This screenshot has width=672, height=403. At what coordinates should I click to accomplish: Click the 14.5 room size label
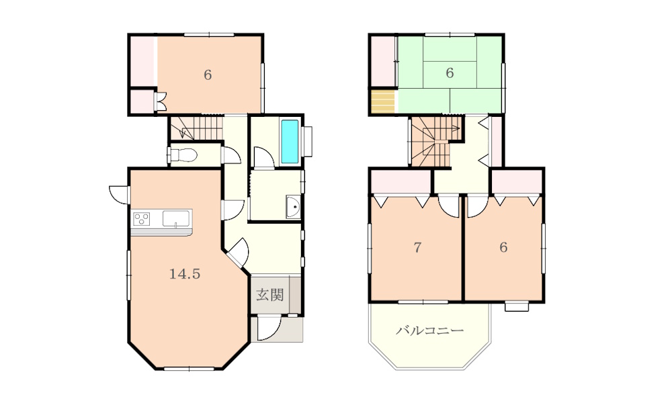(185, 274)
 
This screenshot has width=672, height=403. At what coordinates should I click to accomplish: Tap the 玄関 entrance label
(270, 295)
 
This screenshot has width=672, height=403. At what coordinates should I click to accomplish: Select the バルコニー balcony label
(429, 330)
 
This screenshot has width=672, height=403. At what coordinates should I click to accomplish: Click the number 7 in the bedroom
(417, 247)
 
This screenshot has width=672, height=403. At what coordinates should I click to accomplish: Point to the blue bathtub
(290, 141)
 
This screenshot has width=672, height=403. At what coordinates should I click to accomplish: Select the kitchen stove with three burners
(141, 219)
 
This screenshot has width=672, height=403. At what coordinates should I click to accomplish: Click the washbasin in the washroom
(294, 208)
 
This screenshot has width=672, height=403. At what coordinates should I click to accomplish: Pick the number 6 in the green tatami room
(449, 73)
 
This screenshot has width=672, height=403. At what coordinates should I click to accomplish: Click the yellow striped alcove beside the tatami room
(382, 102)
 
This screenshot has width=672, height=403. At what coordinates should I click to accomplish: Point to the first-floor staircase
(196, 128)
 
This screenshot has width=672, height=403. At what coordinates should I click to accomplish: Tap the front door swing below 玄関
(269, 328)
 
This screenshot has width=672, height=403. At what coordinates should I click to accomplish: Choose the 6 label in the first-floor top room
(208, 75)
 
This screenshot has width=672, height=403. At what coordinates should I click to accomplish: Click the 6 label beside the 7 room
(503, 247)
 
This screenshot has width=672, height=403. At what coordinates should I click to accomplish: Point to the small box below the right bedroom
(516, 306)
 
